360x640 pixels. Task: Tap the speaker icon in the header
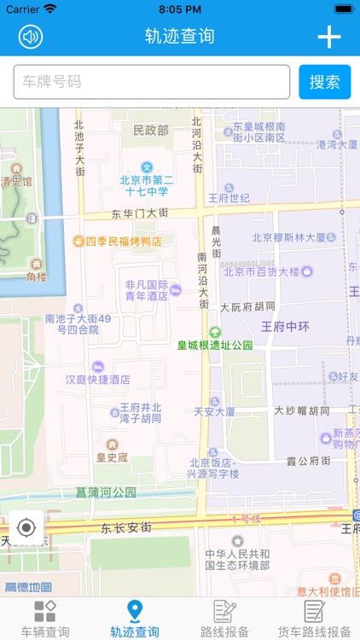[31, 37]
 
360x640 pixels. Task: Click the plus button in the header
[328, 37]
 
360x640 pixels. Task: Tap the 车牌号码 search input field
[152, 82]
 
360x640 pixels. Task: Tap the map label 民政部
[151, 131]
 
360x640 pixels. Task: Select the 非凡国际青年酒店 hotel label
[147, 291]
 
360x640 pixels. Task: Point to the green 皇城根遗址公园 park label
[215, 345]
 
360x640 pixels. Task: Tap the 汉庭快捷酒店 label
[98, 379]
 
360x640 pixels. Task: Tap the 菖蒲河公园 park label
[106, 492]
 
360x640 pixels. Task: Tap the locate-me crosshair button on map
[26, 527]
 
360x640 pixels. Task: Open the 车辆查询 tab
[45, 620]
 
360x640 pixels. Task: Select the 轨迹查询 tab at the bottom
[135, 620]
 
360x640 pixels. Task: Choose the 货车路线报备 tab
[315, 620]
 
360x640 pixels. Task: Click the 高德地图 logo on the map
[27, 587]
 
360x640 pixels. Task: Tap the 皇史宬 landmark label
[112, 457]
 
